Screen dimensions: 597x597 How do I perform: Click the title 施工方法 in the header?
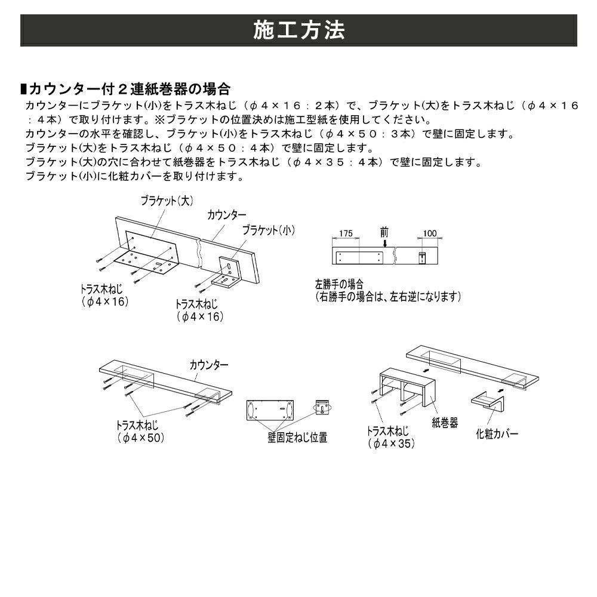(298, 30)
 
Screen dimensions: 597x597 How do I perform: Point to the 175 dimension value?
(346, 233)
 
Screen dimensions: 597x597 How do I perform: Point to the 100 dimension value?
(430, 233)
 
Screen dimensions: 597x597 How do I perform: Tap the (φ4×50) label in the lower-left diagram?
(140, 438)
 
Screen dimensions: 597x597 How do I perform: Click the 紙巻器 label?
(445, 423)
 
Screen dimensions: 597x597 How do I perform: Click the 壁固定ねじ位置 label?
(297, 438)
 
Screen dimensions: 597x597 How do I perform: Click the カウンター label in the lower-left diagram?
(209, 364)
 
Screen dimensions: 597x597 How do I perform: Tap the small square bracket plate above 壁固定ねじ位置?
(323, 408)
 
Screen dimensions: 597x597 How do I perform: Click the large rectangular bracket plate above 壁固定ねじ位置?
(270, 412)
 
